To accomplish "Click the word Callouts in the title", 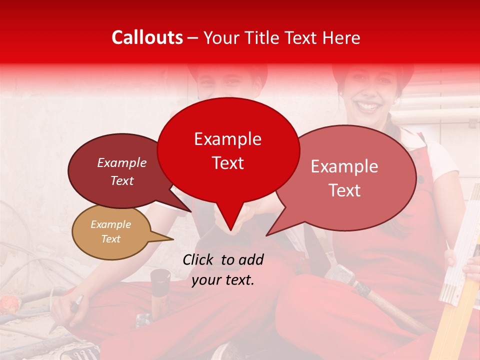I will pos(147,37).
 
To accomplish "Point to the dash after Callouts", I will pos(193,38).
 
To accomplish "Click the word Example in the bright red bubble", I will pos(227,139).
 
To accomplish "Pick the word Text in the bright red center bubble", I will pos(227,163).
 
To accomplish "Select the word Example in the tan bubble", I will pos(110,224).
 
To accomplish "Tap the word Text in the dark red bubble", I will pos(122,181).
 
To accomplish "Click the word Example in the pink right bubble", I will pos(344,166).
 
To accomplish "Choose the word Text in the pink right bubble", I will pos(344,190).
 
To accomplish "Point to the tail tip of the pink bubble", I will pos(267,234).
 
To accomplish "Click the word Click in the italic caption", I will pos(199,259).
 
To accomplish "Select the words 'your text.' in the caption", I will pos(223,280).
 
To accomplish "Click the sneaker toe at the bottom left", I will pos(82,350).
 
